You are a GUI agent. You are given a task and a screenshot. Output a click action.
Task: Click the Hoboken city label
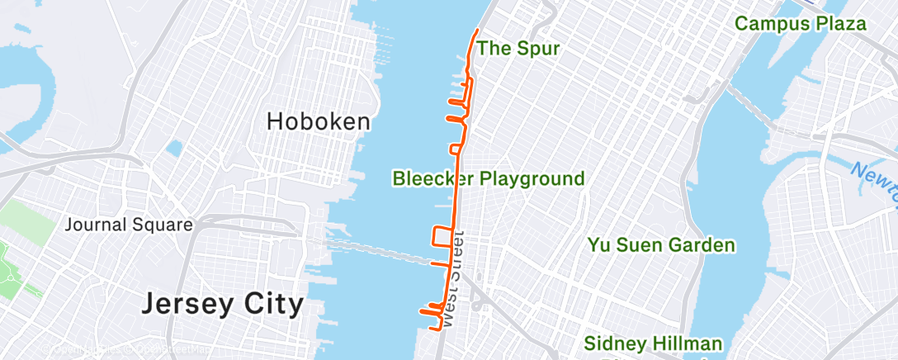[318, 122]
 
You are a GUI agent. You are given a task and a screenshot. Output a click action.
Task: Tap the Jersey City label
[222, 304]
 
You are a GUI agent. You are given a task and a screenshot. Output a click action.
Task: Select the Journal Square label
[129, 225]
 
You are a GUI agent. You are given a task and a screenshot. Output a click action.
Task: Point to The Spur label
[518, 49]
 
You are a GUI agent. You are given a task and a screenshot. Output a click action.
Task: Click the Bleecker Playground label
[489, 178]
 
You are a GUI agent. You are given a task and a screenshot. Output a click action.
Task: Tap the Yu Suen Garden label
[660, 245]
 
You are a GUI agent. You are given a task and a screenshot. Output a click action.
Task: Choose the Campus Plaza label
[801, 24]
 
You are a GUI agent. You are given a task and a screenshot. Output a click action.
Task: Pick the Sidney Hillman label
[653, 343]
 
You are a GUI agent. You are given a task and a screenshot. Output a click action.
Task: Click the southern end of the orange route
[432, 329]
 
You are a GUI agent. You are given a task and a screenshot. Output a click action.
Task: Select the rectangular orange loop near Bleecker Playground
[443, 236]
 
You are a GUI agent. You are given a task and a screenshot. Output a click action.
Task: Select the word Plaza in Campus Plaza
[841, 24]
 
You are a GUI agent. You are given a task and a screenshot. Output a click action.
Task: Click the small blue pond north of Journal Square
[173, 149]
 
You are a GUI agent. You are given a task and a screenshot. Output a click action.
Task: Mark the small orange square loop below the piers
[455, 149]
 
